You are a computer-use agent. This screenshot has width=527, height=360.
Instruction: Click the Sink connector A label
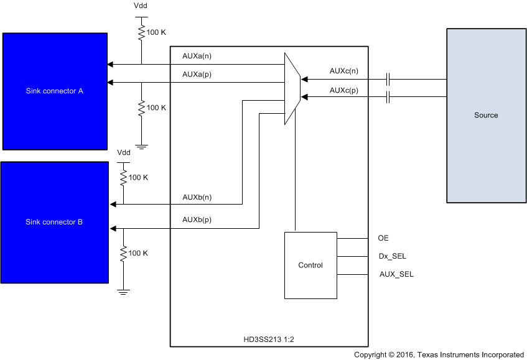[x=55, y=91]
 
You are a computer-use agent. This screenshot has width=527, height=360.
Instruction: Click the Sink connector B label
[x=54, y=222]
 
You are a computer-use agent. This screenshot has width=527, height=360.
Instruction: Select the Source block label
[x=486, y=115]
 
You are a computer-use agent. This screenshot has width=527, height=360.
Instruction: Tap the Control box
[x=310, y=265]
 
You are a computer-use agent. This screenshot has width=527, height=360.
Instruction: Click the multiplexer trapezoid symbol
[x=292, y=88]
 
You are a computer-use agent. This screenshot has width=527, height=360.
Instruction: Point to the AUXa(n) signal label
[x=197, y=55]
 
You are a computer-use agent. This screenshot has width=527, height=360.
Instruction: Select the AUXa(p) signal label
[x=197, y=74]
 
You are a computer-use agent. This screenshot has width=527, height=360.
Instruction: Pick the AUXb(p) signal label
[x=197, y=219]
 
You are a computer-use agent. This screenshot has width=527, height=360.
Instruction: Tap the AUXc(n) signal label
[x=344, y=71]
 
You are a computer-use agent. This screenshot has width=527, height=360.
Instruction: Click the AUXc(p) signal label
[x=344, y=90]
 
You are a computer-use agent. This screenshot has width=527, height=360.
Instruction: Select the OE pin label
[x=383, y=238]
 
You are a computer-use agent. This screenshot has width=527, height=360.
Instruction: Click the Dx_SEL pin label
[x=393, y=256]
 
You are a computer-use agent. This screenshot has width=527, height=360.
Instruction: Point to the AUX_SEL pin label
[x=396, y=274]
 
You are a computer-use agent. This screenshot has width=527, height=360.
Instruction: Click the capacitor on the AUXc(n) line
[x=388, y=79]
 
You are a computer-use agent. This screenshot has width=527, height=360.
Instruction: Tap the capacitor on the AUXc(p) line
[x=388, y=97]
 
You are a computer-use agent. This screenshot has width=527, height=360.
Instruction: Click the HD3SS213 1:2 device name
[x=269, y=339]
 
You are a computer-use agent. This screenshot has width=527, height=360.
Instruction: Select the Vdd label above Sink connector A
[x=141, y=6]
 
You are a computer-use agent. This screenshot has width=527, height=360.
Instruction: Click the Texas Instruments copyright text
[x=439, y=354]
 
